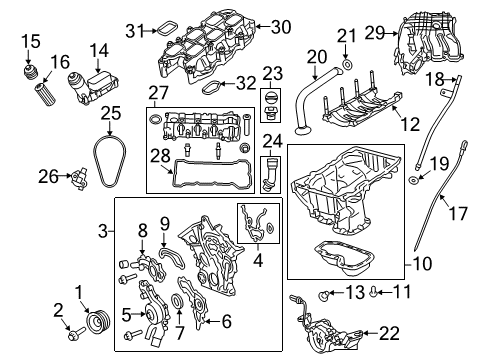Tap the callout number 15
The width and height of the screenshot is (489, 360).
[x=31, y=41]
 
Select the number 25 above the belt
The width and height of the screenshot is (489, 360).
[x=110, y=114]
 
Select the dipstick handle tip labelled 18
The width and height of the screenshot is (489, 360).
[x=455, y=78]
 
